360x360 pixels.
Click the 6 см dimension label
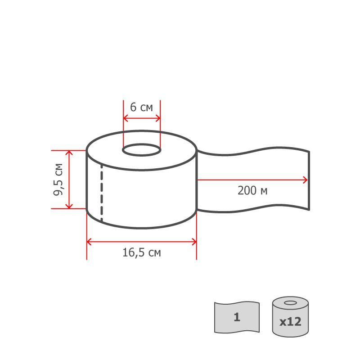(141, 107)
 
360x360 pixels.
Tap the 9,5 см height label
(58, 180)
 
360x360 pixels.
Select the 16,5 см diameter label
(142, 252)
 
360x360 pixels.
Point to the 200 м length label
(252, 190)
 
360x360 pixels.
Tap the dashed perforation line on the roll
(102, 193)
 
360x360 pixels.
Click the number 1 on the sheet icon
(237, 317)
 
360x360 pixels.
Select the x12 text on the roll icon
(290, 321)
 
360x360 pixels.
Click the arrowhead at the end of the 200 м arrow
(306, 180)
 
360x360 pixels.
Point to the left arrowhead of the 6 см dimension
(125, 118)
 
